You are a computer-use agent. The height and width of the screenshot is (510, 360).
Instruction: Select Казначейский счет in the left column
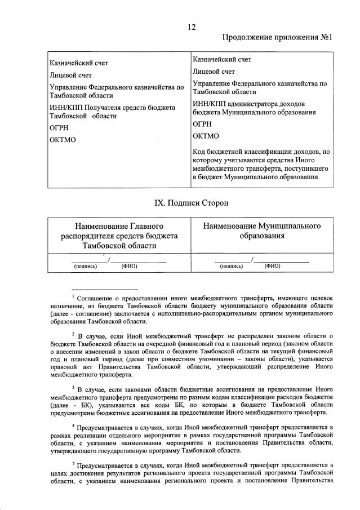tap(79, 63)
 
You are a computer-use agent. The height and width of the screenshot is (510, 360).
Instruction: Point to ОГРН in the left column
tap(60, 128)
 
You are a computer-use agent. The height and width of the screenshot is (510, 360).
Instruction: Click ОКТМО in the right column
tap(206, 136)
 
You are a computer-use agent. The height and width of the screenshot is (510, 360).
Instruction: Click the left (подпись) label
tap(85, 267)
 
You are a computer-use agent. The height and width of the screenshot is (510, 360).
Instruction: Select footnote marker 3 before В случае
tap(73, 387)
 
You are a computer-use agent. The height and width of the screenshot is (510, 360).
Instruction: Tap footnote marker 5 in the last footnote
tap(73, 463)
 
